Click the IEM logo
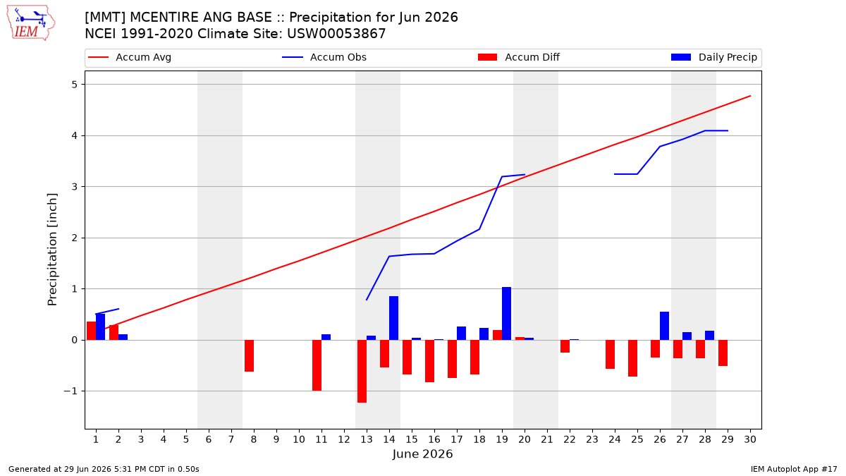pyautogui.click(x=30, y=23)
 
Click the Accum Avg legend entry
pyautogui.click(x=130, y=57)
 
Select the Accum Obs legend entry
pyautogui.click(x=324, y=57)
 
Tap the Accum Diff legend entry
pyautogui.click(x=519, y=57)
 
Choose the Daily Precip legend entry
pyautogui.click(x=713, y=57)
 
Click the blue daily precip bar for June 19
pyautogui.click(x=506, y=314)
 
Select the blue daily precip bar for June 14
pyautogui.click(x=393, y=318)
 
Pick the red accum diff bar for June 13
pyautogui.click(x=362, y=372)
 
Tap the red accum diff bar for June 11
pyautogui.click(x=317, y=365)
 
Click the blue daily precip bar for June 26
pyautogui.click(x=664, y=326)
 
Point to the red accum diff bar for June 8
pyautogui.click(x=250, y=356)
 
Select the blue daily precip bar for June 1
pyautogui.click(x=100, y=327)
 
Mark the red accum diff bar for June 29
pyautogui.click(x=723, y=353)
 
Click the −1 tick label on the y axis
pyautogui.click(x=70, y=391)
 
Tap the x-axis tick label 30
pyautogui.click(x=750, y=439)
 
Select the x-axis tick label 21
pyautogui.click(x=547, y=439)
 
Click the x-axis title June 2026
pyautogui.click(x=422, y=453)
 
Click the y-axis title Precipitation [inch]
pyautogui.click(x=52, y=250)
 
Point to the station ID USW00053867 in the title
pyautogui.click(x=336, y=34)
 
